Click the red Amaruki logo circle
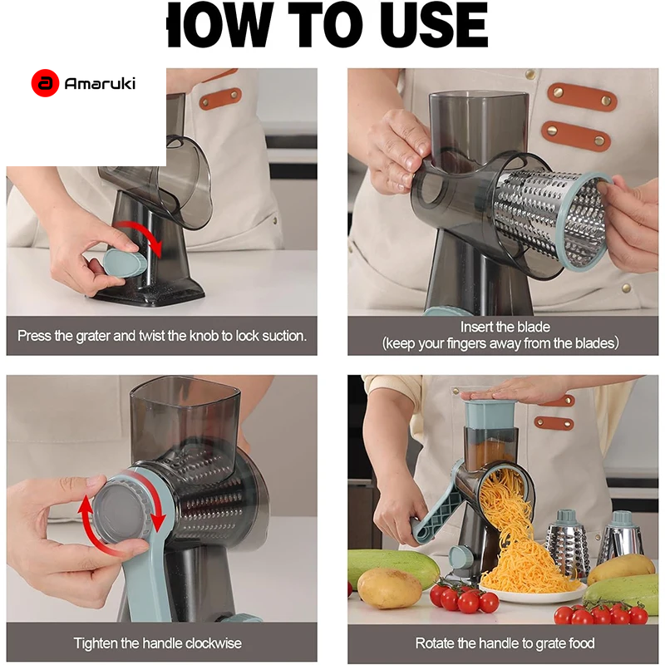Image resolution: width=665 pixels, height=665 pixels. tap(45, 83)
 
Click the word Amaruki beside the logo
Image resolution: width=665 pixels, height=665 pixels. tap(100, 84)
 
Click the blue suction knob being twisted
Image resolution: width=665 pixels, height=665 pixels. tap(123, 263)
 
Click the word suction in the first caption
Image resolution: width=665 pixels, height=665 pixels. tap(283, 336)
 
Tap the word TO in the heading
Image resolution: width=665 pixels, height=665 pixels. tap(326, 25)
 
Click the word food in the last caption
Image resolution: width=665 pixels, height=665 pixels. tap(582, 643)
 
